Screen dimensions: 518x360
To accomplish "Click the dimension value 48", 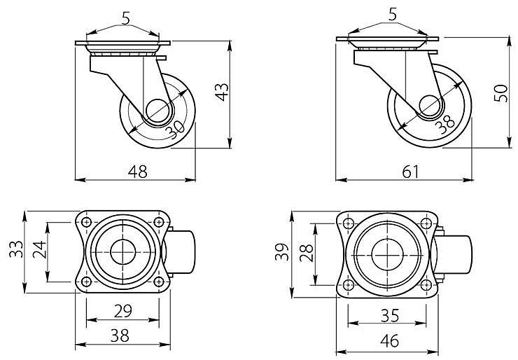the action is coord(138,172).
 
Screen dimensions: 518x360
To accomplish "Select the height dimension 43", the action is coord(222,92).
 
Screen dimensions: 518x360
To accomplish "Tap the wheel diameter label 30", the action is coord(175,130).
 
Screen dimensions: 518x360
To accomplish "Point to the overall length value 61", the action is coord(411,172).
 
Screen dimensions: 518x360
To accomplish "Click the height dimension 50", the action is coord(500,93).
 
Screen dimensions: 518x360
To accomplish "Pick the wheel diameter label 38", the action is coord(445,124).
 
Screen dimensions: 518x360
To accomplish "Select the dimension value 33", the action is coord(16,249).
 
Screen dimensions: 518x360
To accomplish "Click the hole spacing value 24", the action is coord(40,249).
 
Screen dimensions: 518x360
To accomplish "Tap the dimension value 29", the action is coord(123,311).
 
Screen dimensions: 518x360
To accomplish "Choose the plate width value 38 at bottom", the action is coord(120,336).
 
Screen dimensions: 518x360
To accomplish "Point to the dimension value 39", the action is coord(282,252).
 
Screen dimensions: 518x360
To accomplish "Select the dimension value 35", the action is coord(390,316).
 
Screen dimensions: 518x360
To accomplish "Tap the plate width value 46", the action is coord(390,341).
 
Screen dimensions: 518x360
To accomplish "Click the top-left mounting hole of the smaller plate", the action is coord(87,222).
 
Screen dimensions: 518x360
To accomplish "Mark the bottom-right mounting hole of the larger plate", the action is coord(426,284).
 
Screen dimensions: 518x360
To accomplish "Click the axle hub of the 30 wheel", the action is coord(159,112).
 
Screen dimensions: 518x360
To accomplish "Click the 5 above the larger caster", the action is coord(393,15).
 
